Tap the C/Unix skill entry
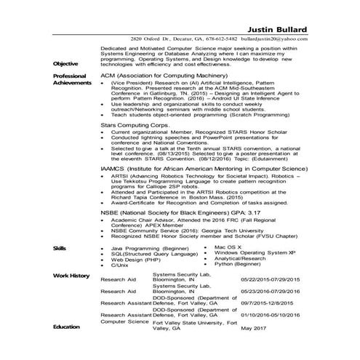(119, 265)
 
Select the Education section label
(66, 327)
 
